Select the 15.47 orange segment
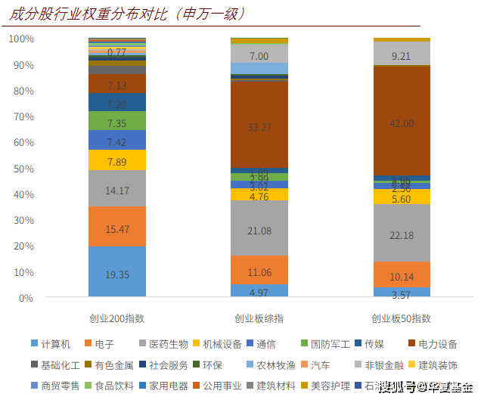(116, 226)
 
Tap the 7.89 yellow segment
(116, 160)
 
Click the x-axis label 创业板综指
(259, 318)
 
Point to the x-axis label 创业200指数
(116, 318)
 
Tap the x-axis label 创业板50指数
(402, 318)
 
